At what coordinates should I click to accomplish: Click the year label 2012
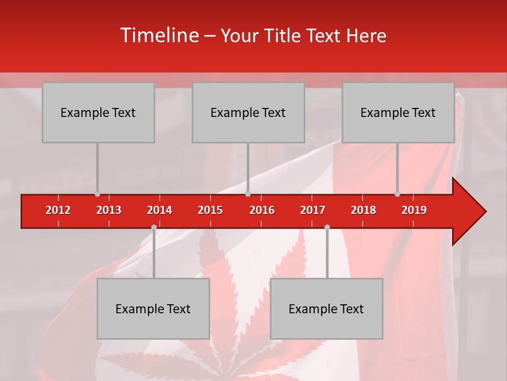(x=58, y=210)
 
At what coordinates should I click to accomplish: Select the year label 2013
(x=109, y=210)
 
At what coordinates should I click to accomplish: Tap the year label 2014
(x=159, y=210)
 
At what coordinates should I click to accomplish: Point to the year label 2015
(x=210, y=210)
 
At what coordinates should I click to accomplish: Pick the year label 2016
(x=262, y=210)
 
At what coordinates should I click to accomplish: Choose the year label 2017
(x=313, y=210)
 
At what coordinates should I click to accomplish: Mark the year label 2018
(x=363, y=210)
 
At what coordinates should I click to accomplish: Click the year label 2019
(x=414, y=210)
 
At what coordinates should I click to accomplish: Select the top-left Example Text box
(x=98, y=113)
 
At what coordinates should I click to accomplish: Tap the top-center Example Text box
(x=248, y=113)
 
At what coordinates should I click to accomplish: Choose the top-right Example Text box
(x=398, y=113)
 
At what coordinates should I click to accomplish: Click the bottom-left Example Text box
(x=153, y=309)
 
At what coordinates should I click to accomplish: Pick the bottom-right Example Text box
(x=326, y=309)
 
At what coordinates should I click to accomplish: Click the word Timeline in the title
(x=158, y=35)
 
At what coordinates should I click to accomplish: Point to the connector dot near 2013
(x=97, y=194)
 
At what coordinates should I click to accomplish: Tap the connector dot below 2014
(x=154, y=228)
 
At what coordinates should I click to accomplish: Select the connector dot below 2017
(x=327, y=228)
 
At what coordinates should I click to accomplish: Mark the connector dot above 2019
(x=397, y=194)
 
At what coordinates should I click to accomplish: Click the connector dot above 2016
(x=248, y=194)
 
